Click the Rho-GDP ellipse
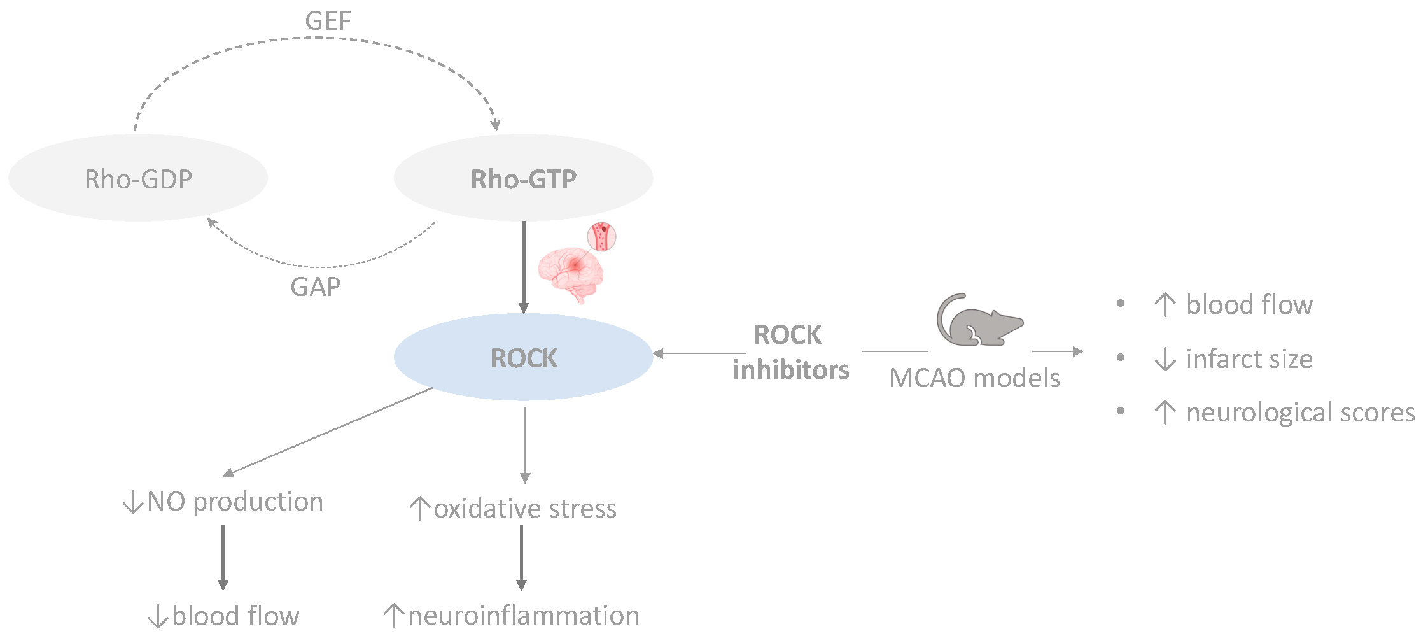(x=138, y=178)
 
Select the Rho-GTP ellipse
(x=523, y=178)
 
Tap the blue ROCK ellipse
(x=523, y=357)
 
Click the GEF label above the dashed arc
(x=328, y=21)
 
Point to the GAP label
(x=315, y=287)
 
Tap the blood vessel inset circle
(x=601, y=236)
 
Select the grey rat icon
(x=979, y=320)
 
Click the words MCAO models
(x=974, y=378)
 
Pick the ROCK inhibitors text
(x=790, y=352)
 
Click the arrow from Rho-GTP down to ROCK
(x=524, y=267)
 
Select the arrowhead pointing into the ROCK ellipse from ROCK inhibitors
(x=659, y=353)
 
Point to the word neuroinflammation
(x=524, y=616)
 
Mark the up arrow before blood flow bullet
(x=1165, y=304)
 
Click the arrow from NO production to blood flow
(x=223, y=558)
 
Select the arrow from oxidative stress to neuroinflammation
(x=521, y=558)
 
